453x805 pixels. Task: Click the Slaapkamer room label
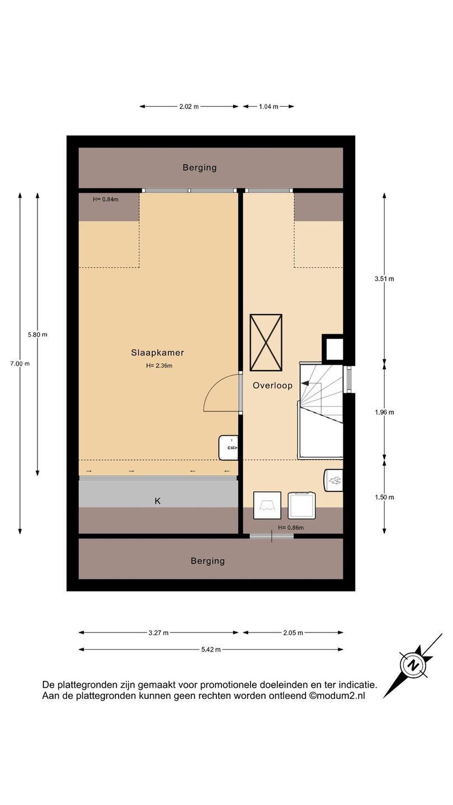tap(158, 353)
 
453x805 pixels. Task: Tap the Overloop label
tap(272, 386)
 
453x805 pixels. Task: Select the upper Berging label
tap(200, 168)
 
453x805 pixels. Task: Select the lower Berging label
tap(208, 561)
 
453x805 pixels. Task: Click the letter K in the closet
tap(158, 501)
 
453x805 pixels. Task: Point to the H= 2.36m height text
tap(159, 366)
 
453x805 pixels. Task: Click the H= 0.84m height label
tap(106, 200)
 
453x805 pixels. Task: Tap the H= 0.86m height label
tap(291, 528)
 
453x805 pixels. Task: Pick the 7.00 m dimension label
tap(20, 363)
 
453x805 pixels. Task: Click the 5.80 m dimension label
tap(38, 334)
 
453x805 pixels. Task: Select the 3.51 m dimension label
tap(384, 278)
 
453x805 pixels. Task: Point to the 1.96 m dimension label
tap(384, 412)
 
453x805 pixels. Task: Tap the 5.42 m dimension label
tap(211, 650)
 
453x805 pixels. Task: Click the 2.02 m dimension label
tap(189, 106)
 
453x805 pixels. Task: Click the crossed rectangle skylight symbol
tap(266, 342)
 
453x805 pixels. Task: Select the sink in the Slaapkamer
tap(228, 447)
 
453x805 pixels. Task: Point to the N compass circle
tap(413, 666)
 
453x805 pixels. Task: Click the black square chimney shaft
tap(333, 348)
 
